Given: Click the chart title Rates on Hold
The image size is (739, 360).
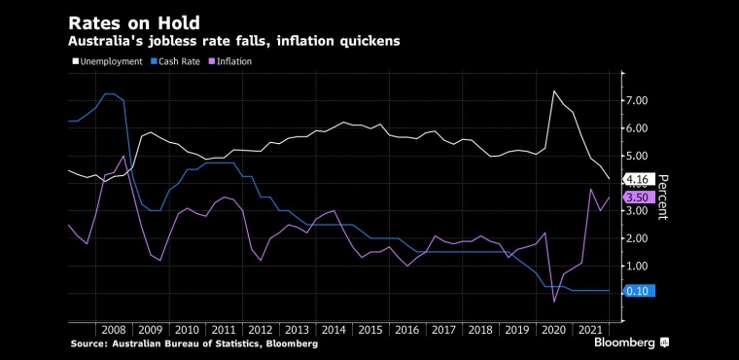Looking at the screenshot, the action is point(134,23).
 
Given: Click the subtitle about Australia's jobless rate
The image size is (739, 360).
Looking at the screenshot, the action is point(233,42).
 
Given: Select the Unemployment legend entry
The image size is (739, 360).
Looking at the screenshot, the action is point(107,61).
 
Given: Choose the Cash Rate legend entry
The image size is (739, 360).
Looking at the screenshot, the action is point(175,61).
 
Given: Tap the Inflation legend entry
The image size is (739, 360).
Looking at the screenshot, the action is point(230,61).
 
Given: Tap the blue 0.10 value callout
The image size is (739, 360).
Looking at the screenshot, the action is point(639,291).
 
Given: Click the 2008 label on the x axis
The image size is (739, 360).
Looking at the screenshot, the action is point(114,330).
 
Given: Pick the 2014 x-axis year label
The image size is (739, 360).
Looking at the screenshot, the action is point(334,330).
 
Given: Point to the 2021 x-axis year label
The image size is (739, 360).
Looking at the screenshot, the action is point(591,330).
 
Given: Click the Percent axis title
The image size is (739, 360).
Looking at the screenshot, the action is point(662,198).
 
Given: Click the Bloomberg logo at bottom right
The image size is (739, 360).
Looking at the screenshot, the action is point(631,342).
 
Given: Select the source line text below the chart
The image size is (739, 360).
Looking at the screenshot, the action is point(194,344).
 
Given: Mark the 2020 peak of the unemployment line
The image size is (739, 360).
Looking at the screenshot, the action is point(554,90).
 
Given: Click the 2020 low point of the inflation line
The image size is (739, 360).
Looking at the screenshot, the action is point(554,302).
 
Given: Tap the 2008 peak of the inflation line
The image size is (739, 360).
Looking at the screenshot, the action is point(123,156).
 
